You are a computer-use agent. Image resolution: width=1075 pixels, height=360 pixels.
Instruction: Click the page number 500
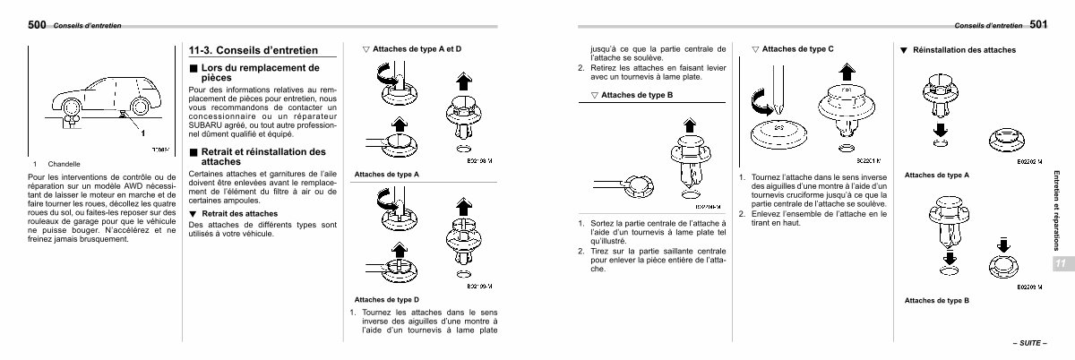click(x=37, y=23)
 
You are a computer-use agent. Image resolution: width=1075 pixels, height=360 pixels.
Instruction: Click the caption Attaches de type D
click(x=387, y=298)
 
